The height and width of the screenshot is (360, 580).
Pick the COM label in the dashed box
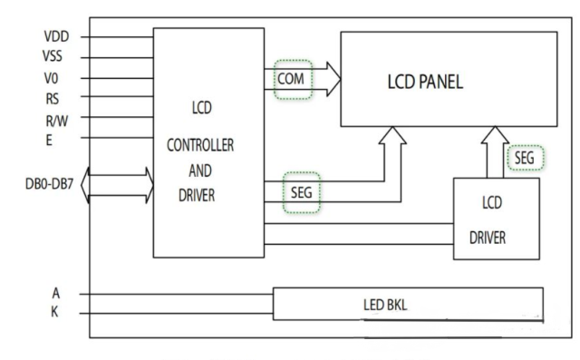pyautogui.click(x=292, y=81)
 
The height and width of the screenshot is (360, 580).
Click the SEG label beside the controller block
pyautogui.click(x=301, y=192)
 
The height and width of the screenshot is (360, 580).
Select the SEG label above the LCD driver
pyautogui.click(x=524, y=158)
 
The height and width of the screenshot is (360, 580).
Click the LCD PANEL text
pyautogui.click(x=425, y=83)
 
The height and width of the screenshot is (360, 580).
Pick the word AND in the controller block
pyautogui.click(x=201, y=170)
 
